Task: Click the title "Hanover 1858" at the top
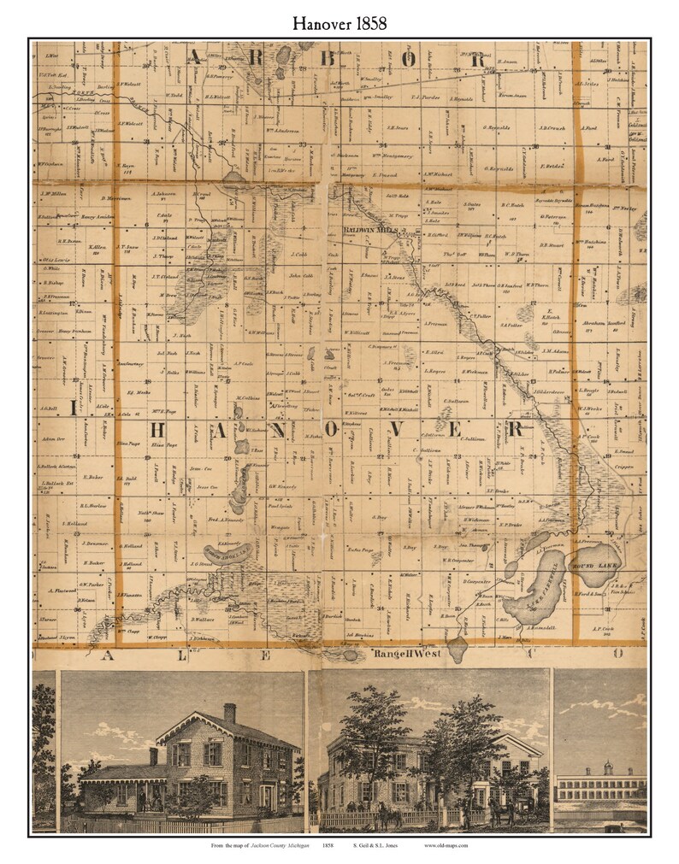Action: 339,23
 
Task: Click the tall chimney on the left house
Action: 229,713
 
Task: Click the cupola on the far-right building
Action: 604,767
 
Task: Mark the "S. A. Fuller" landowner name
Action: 511,324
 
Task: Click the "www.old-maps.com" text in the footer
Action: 446,845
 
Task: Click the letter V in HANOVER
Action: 374,427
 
